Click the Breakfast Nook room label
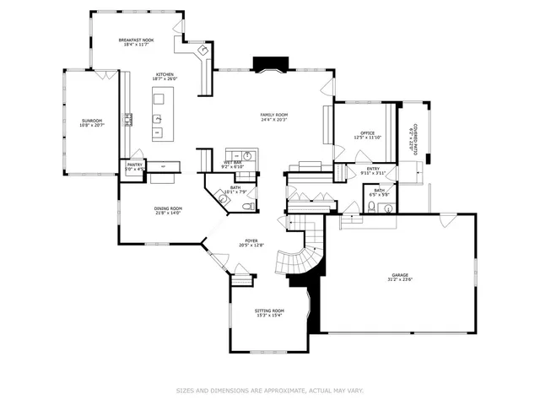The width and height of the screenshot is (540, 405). point(135,40)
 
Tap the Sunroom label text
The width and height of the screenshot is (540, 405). point(91,121)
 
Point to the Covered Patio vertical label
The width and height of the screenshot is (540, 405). point(413,133)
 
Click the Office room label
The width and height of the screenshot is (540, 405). point(367,132)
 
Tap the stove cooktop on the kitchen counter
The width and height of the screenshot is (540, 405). point(129,119)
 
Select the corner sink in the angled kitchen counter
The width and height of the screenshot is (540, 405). point(202,52)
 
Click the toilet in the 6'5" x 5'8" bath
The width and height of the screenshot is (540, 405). point(371,205)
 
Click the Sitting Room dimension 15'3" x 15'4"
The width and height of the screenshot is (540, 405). point(269,316)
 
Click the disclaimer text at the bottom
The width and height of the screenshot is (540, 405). point(269,391)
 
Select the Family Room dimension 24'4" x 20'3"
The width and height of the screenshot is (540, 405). point(274,119)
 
